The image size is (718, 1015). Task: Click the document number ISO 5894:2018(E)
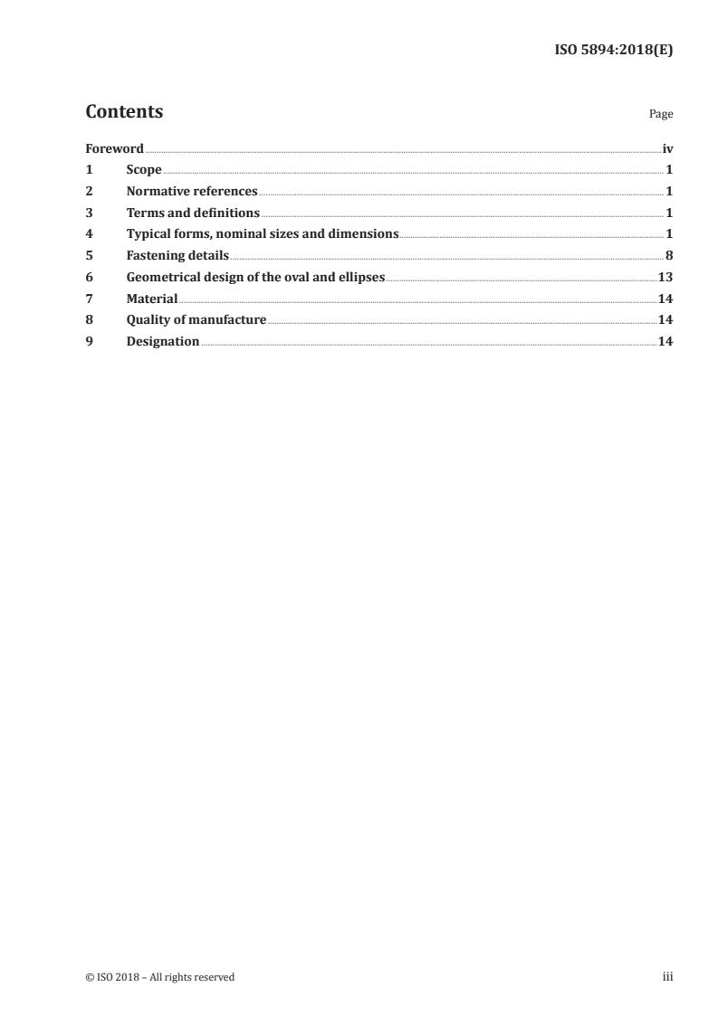click(x=613, y=51)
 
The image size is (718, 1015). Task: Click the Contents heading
click(x=124, y=112)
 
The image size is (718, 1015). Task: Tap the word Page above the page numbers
click(x=661, y=115)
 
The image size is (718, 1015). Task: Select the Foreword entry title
click(x=114, y=148)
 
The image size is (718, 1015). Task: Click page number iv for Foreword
click(x=667, y=148)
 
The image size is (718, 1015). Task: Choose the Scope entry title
click(x=144, y=169)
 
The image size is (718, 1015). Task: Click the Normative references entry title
click(x=192, y=191)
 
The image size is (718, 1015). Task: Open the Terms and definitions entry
click(x=193, y=213)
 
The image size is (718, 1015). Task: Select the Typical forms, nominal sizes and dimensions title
click(x=263, y=233)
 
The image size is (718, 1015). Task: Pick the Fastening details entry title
click(x=177, y=255)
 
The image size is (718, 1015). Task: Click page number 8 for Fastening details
click(x=669, y=255)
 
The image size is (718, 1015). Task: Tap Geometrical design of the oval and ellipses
click(x=256, y=277)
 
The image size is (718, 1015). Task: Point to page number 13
click(x=665, y=277)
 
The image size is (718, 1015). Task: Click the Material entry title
click(x=152, y=299)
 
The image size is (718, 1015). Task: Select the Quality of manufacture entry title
click(x=196, y=319)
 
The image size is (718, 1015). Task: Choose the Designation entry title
click(x=163, y=341)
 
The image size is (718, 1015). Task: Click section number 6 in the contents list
click(x=89, y=277)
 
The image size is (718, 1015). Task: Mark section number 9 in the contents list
click(x=89, y=341)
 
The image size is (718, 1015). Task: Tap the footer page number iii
click(x=667, y=977)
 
